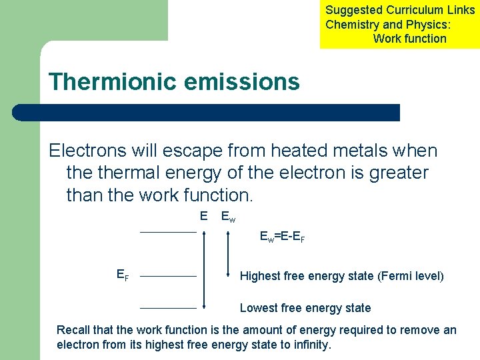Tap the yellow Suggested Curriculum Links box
coord(400,24)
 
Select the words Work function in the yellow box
coord(409,39)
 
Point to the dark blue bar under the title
coord(207,112)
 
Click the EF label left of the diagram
coord(123,274)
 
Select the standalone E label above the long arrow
coord(203,215)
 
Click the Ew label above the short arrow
coord(228,217)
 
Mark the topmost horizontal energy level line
coord(168,232)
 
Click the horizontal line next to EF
coord(168,276)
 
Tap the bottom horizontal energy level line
coord(168,309)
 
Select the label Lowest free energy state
coord(305,308)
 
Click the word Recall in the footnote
coord(73,330)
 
